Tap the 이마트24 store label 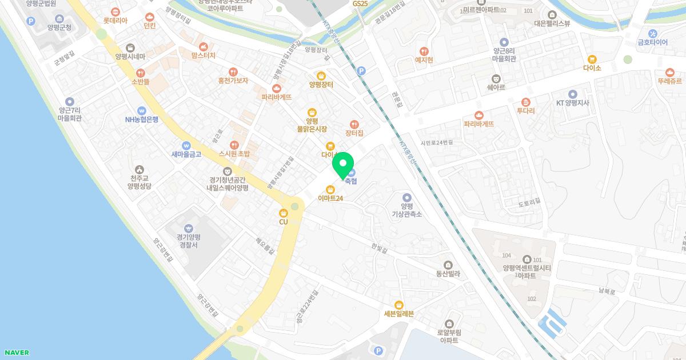click(x=330, y=198)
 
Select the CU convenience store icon click(x=284, y=213)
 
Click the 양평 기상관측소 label click(x=406, y=210)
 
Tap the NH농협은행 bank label click(x=142, y=119)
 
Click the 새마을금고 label click(x=186, y=154)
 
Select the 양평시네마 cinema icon click(x=130, y=47)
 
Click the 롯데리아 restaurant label click(x=115, y=20)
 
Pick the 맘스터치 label click(x=204, y=55)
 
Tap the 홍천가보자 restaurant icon click(x=233, y=72)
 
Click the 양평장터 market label click(x=321, y=85)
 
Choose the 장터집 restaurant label click(x=354, y=133)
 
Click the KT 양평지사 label click(x=573, y=103)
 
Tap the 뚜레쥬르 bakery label click(x=670, y=81)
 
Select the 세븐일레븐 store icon click(x=399, y=305)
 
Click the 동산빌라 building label click(x=448, y=274)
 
